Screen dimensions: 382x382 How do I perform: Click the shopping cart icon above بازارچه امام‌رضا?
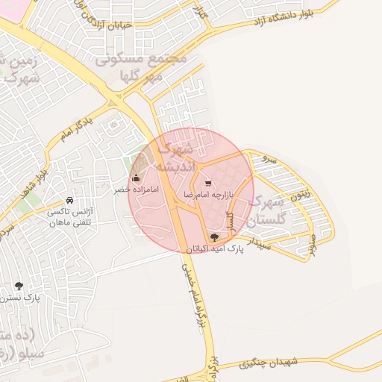207,182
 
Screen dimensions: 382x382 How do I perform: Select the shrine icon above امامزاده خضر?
136,178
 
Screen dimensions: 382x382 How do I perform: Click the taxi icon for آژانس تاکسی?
69,201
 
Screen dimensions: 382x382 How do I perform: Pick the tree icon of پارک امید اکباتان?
215,238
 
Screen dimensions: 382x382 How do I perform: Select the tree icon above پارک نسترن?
19,286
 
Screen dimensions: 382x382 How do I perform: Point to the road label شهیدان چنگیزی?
269,363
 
